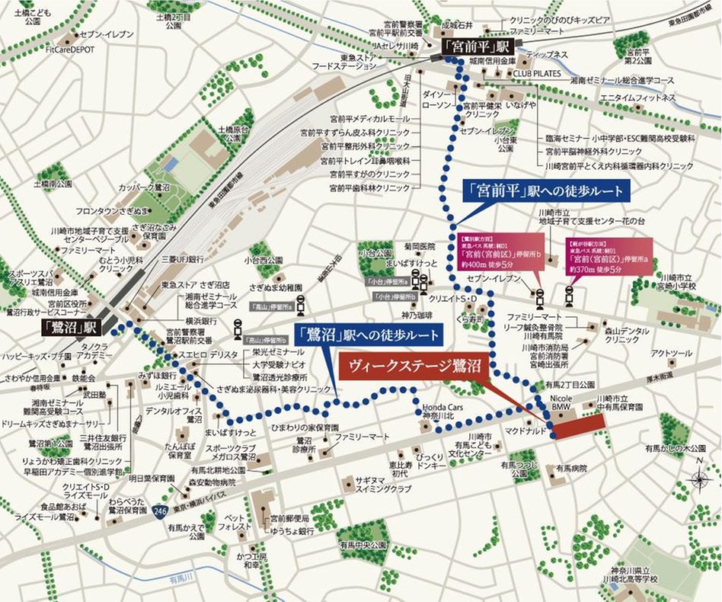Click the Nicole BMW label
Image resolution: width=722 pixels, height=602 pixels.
561,404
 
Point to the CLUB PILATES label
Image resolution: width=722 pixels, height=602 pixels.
536,73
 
